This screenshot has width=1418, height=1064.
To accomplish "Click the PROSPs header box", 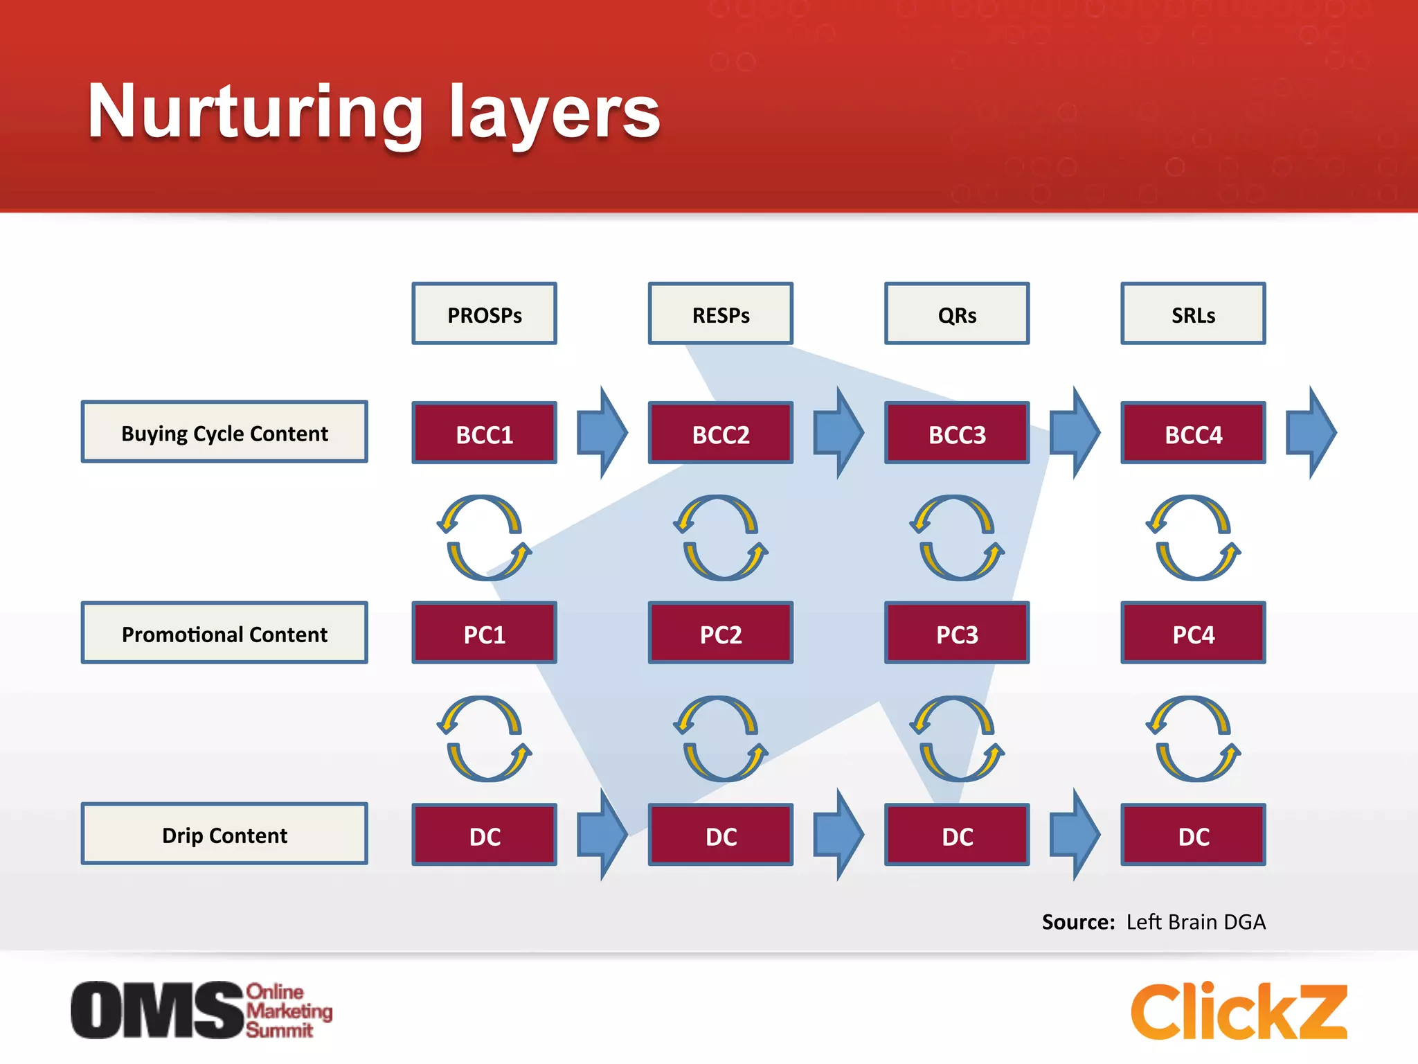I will pyautogui.click(x=484, y=314).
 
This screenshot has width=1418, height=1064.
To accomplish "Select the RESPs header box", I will pyautogui.click(x=720, y=314).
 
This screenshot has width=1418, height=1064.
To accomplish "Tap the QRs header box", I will pyautogui.click(x=957, y=314).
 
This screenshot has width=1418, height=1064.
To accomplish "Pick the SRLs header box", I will pyautogui.click(x=1193, y=314).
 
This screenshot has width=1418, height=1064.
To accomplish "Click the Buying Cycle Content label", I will pyautogui.click(x=224, y=432).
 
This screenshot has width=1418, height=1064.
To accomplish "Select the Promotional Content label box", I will pyautogui.click(x=224, y=633).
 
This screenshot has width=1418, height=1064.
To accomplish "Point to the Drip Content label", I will pyautogui.click(x=224, y=834).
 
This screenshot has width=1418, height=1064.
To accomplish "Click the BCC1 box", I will pyautogui.click(x=484, y=434).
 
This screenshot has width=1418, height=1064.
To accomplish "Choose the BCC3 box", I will pyautogui.click(x=957, y=434).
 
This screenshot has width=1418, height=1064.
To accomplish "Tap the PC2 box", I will pyautogui.click(x=720, y=633).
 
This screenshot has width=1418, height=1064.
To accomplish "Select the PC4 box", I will pyautogui.click(x=1193, y=633).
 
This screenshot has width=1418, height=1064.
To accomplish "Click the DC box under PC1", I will pyautogui.click(x=484, y=835).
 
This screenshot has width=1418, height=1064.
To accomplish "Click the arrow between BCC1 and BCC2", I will pyautogui.click(x=602, y=433).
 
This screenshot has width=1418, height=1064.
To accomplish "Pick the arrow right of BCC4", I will pyautogui.click(x=1311, y=433).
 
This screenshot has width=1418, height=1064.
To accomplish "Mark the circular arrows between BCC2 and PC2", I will pyautogui.click(x=721, y=538).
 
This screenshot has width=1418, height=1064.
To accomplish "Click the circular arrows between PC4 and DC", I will pyautogui.click(x=1193, y=738).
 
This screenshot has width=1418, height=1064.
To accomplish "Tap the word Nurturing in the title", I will pyautogui.click(x=255, y=112).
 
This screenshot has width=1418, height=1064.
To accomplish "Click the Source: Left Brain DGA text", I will pyautogui.click(x=1154, y=922).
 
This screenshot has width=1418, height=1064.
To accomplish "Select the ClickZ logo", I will pyautogui.click(x=1239, y=1011).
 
